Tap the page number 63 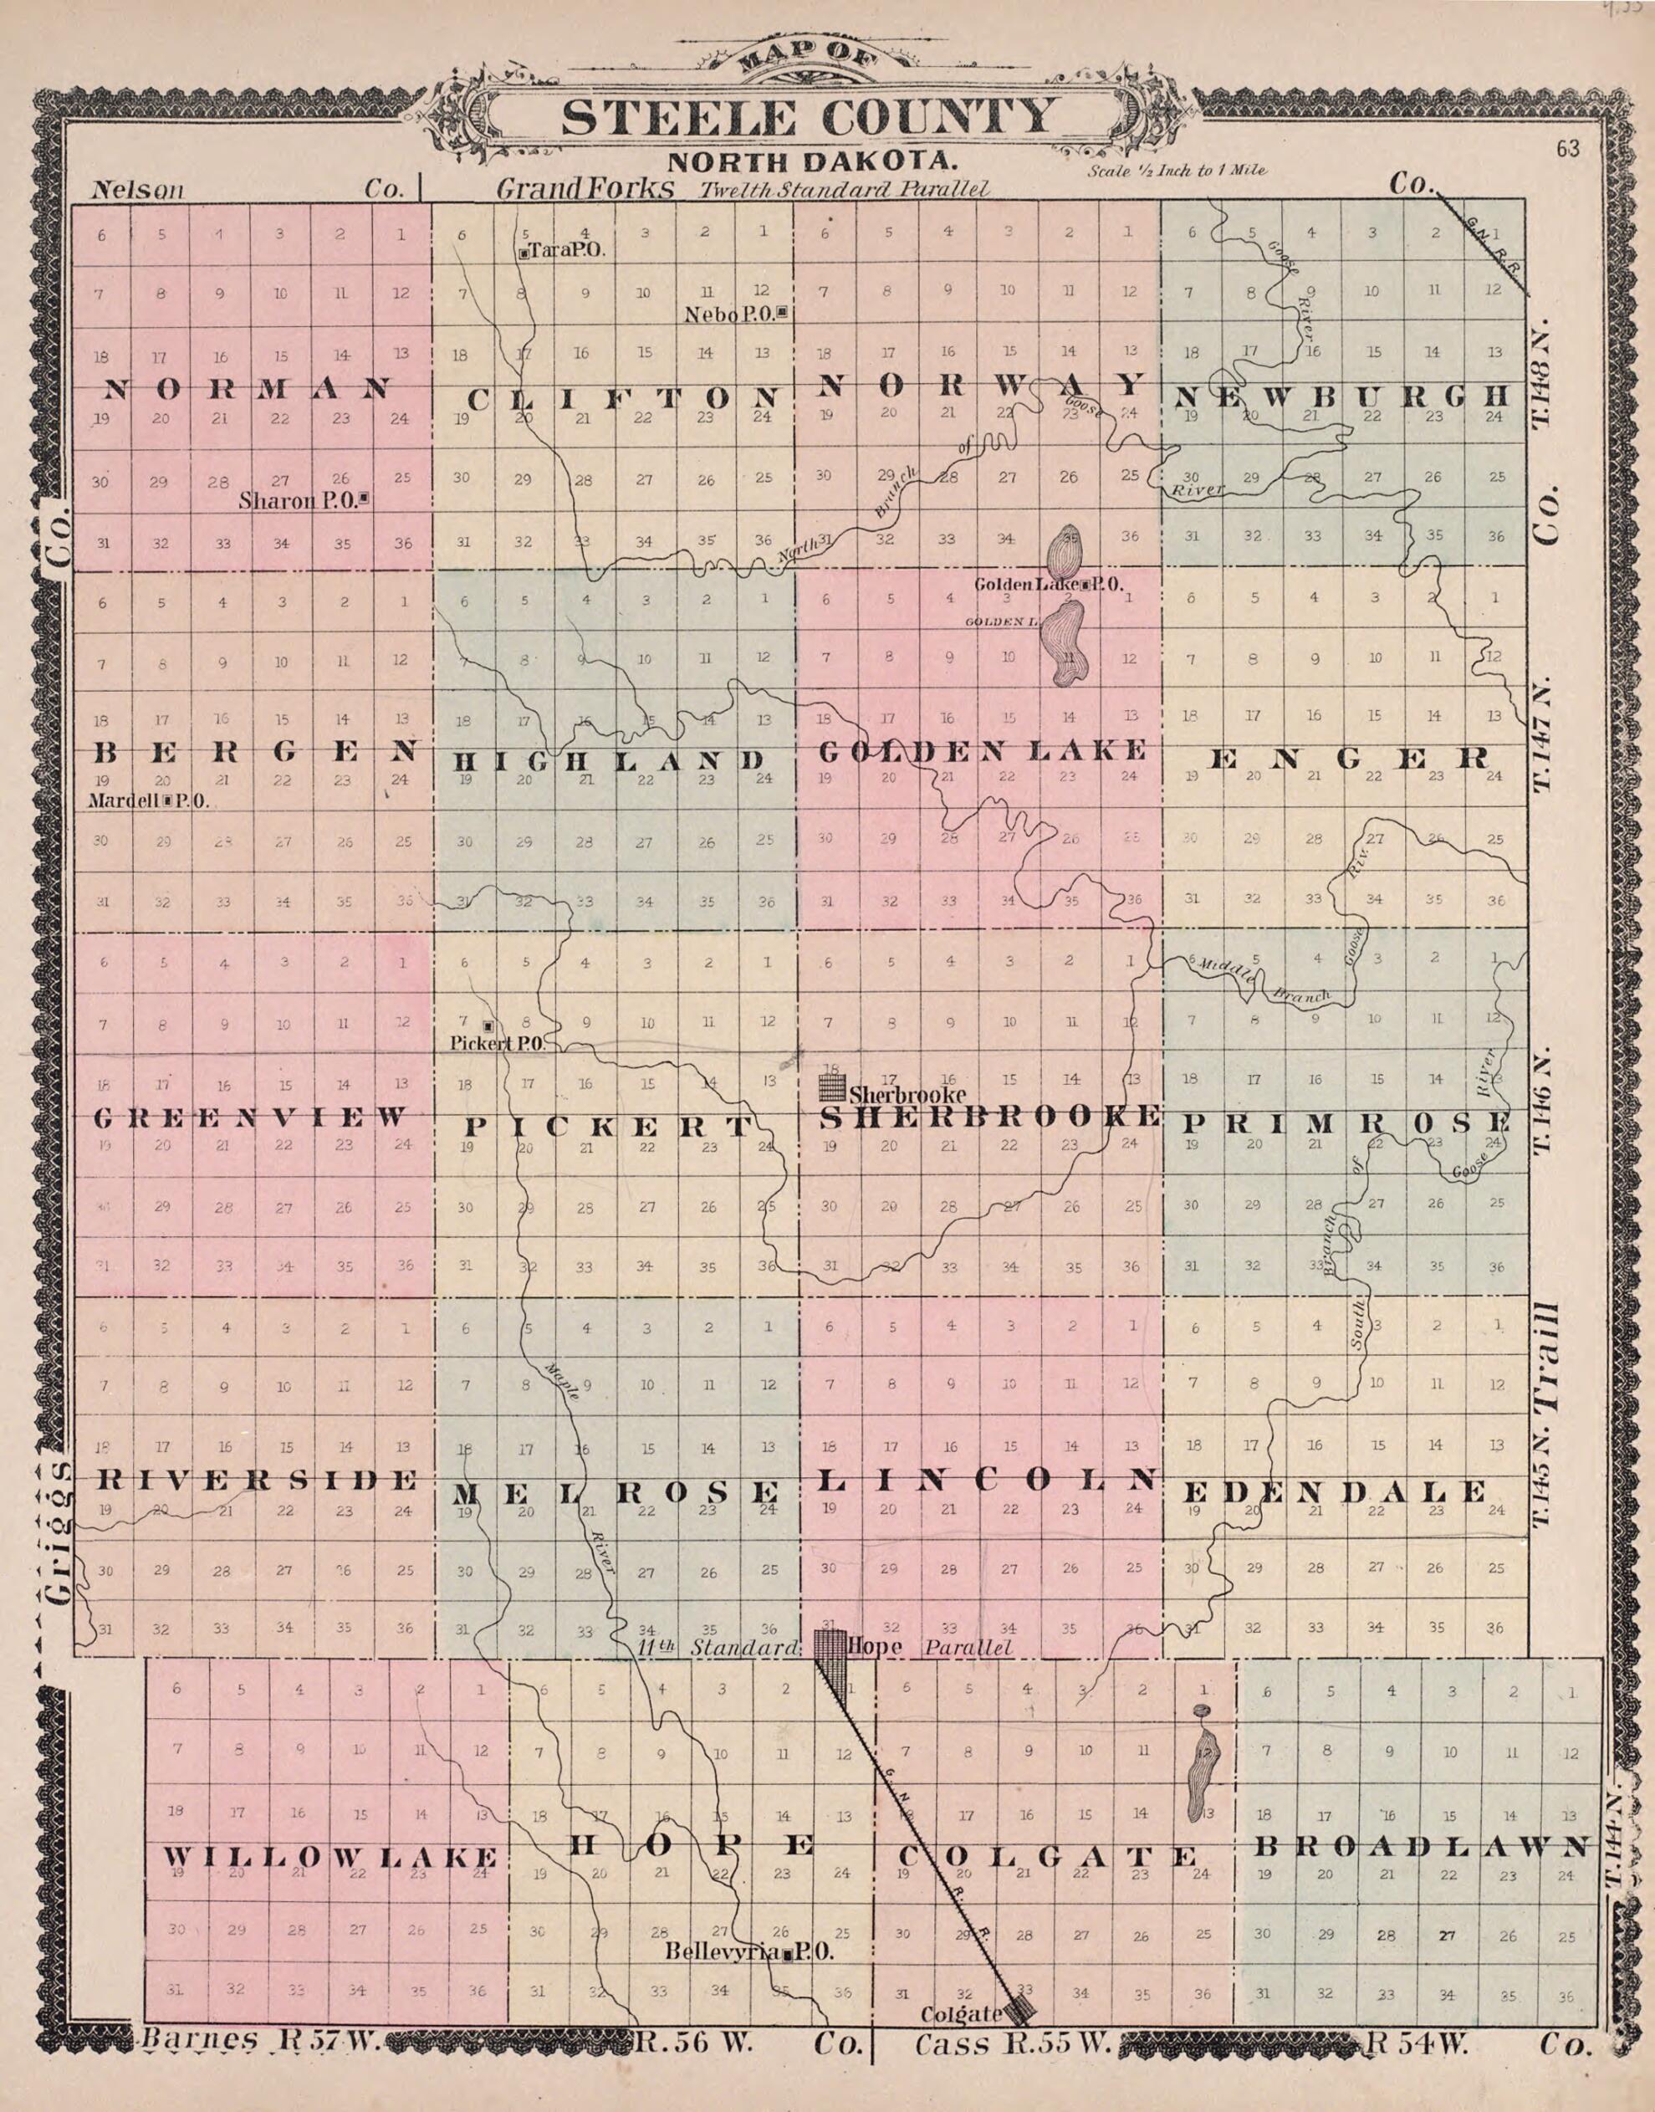click(1567, 149)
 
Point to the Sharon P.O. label click(304, 501)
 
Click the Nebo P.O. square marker click(782, 313)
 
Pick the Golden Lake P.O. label click(1049, 585)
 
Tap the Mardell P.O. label click(147, 801)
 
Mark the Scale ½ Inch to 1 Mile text click(1177, 171)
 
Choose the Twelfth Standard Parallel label click(845, 189)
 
